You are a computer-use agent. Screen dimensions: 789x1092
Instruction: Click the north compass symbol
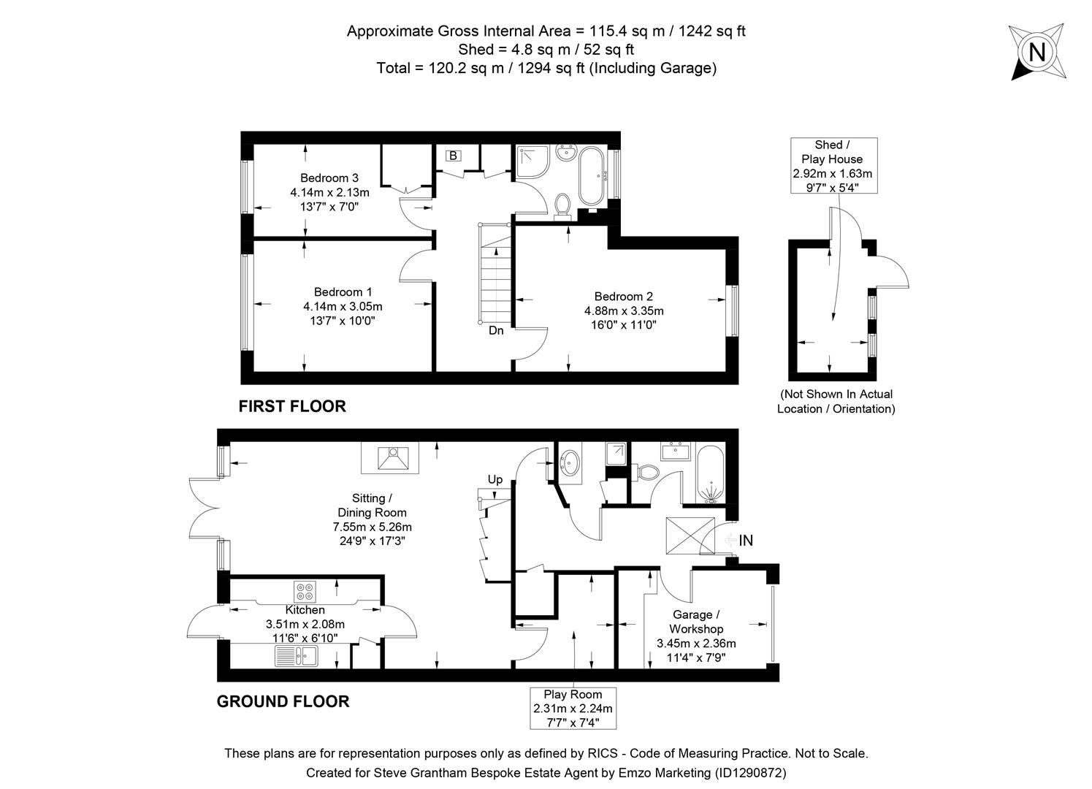click(x=1036, y=51)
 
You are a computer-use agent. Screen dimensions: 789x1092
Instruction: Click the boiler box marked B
click(x=453, y=156)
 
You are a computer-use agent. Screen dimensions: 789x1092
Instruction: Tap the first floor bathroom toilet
click(x=562, y=205)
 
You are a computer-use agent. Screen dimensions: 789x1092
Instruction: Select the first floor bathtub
click(x=591, y=176)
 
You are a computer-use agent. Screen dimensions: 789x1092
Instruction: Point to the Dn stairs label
click(x=496, y=330)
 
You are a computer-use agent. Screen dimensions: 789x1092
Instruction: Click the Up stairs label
click(x=495, y=480)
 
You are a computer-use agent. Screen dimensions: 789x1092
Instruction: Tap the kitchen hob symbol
click(x=305, y=588)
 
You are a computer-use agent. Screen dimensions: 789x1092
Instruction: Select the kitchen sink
click(x=296, y=657)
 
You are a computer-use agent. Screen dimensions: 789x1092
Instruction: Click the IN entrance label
click(x=745, y=541)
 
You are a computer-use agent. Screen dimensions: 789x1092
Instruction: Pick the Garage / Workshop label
click(x=696, y=629)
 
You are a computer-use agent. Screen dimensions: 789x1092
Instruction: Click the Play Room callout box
click(x=573, y=708)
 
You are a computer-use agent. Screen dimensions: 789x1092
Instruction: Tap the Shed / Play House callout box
click(x=833, y=166)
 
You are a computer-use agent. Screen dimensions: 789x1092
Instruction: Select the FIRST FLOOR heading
click(x=292, y=406)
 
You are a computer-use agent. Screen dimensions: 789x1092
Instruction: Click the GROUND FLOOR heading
click(x=283, y=701)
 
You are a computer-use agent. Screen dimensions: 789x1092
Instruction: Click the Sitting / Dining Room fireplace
click(x=393, y=459)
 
